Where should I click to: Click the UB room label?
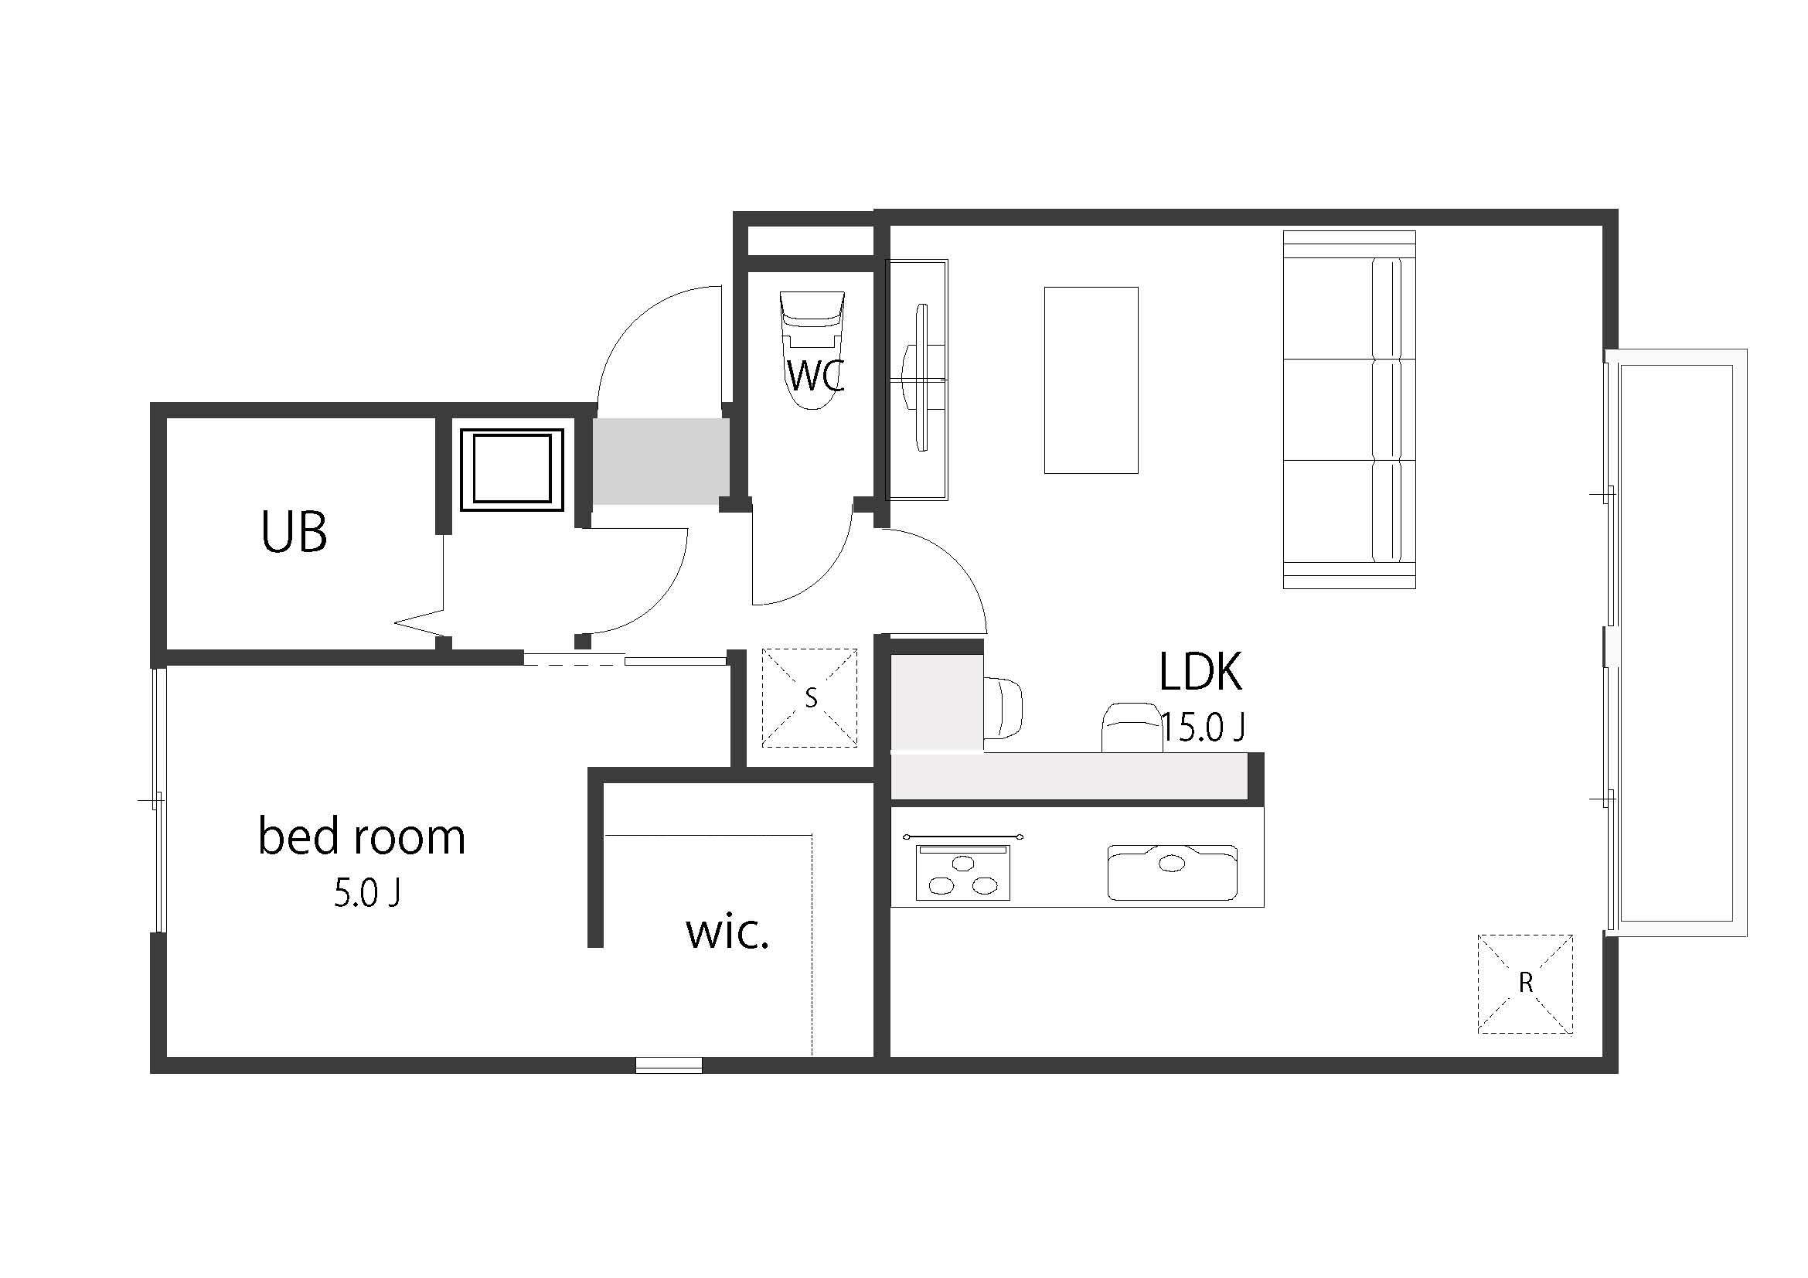tap(294, 532)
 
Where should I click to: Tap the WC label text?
tap(815, 377)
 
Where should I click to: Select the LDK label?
tap(1200, 672)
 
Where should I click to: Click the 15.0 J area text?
tap(1203, 728)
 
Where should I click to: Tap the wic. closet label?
tap(727, 934)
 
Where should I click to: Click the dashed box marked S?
tap(809, 697)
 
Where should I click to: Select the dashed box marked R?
tap(1525, 983)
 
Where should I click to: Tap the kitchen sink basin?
tap(1172, 872)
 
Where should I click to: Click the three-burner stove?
tap(962, 872)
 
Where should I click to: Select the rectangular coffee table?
tap(1091, 380)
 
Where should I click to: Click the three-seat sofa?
tap(1349, 410)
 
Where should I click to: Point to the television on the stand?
tap(919, 378)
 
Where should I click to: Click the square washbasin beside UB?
tap(512, 470)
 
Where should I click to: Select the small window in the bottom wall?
tap(669, 1065)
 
